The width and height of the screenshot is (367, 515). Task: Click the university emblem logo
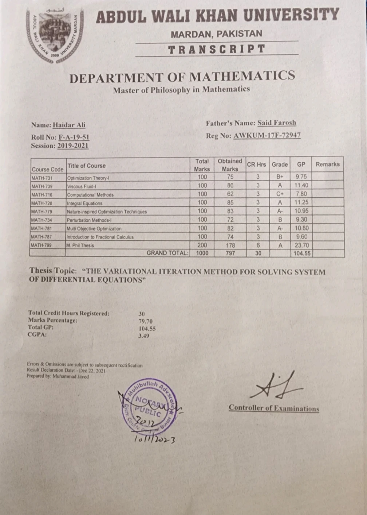click(x=55, y=36)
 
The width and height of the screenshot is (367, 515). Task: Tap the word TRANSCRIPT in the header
click(x=217, y=49)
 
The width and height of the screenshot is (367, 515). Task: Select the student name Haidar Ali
click(x=69, y=125)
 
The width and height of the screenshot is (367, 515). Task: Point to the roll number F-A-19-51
click(x=74, y=138)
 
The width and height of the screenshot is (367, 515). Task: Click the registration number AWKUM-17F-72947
click(x=267, y=136)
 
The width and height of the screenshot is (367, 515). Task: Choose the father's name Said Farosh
click(x=277, y=123)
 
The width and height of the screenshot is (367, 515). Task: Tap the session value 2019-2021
click(x=73, y=146)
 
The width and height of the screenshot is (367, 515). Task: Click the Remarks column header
click(x=327, y=164)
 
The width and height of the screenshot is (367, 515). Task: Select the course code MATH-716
click(x=42, y=195)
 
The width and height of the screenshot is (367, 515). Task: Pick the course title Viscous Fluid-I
click(x=81, y=186)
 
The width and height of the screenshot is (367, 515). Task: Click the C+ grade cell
click(x=280, y=194)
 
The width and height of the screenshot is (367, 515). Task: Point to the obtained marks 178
click(x=230, y=245)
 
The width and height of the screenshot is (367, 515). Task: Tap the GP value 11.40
click(x=301, y=185)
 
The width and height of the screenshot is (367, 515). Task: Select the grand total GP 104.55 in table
click(x=302, y=253)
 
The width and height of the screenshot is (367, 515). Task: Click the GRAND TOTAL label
click(x=167, y=253)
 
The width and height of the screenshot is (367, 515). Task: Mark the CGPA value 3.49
click(x=143, y=336)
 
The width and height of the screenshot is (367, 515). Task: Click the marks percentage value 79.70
click(x=145, y=321)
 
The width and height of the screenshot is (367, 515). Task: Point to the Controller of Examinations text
click(x=274, y=408)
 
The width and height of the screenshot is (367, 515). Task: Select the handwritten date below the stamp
click(x=154, y=440)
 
